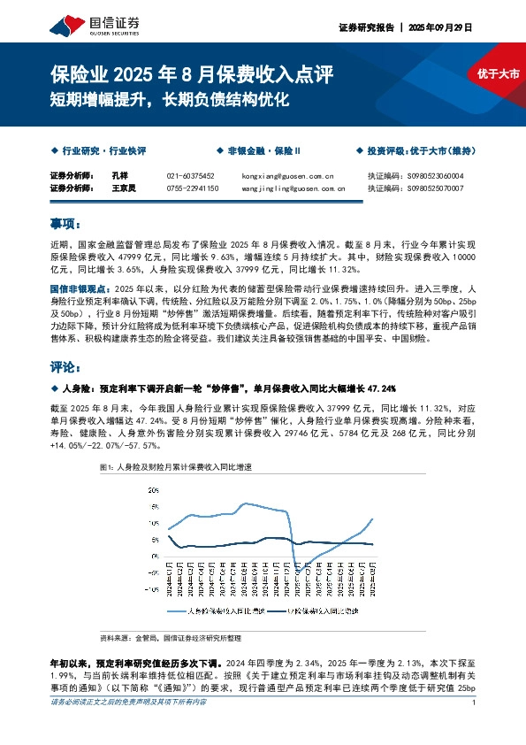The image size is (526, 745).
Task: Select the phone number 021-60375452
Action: (191, 176)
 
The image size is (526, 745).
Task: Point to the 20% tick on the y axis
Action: (153, 488)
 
